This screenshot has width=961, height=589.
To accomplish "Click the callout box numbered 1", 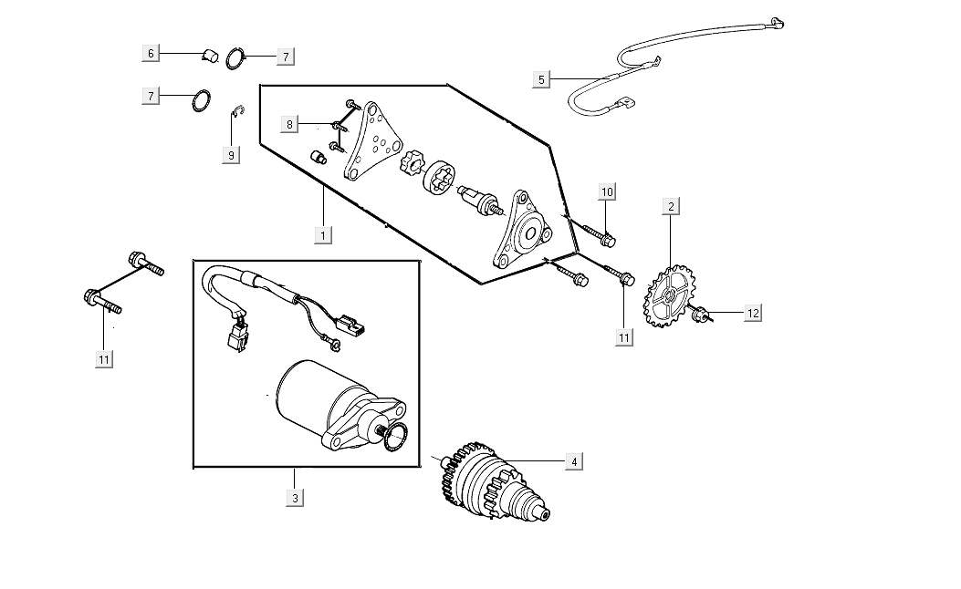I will [322, 234].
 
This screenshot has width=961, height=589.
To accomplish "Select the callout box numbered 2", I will [671, 206].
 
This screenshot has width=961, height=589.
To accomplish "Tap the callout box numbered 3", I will [295, 498].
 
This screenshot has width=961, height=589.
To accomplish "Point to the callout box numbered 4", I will [573, 461].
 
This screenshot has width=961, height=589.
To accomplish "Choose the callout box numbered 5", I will [541, 79].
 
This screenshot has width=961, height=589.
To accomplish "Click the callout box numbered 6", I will [151, 53].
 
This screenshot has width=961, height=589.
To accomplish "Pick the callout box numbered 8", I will [289, 124].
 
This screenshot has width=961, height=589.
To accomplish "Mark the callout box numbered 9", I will [231, 155].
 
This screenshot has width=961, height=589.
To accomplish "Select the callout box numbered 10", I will [607, 191].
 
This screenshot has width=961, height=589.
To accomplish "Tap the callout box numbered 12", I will [752, 313].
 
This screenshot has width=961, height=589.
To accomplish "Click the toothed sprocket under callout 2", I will [670, 296].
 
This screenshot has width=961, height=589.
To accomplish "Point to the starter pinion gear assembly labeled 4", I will [493, 482].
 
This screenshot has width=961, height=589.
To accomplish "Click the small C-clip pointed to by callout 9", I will [235, 112].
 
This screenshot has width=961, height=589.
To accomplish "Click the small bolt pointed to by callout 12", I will [701, 315].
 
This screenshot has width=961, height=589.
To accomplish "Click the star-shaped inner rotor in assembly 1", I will [413, 163].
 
